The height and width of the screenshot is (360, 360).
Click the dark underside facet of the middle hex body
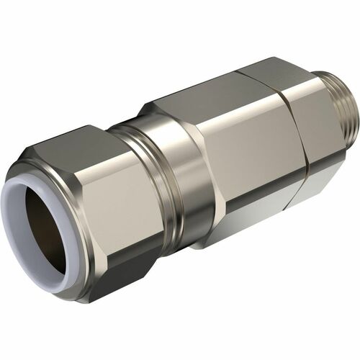pos(238,216)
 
